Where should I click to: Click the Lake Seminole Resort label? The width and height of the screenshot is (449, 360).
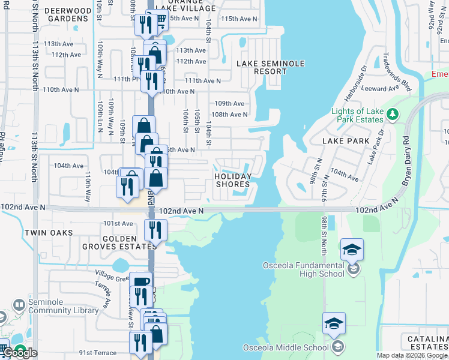pos(270,67)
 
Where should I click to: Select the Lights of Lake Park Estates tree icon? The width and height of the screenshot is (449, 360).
pos(392,113)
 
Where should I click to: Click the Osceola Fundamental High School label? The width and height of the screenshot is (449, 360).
pos(304,269)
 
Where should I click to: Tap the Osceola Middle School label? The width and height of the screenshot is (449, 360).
pos(286,347)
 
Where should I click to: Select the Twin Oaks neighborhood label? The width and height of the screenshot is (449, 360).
pos(49,232)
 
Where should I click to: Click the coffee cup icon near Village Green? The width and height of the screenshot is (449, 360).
pos(140,283)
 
